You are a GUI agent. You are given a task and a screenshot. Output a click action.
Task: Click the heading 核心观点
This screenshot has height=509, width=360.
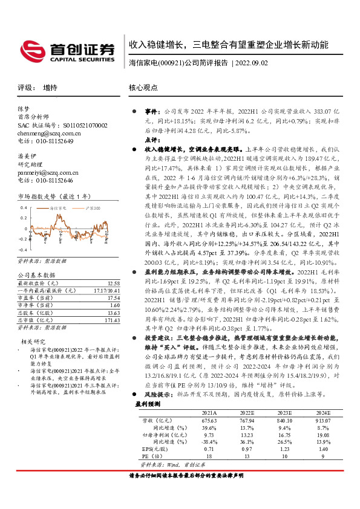click(x=143, y=88)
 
